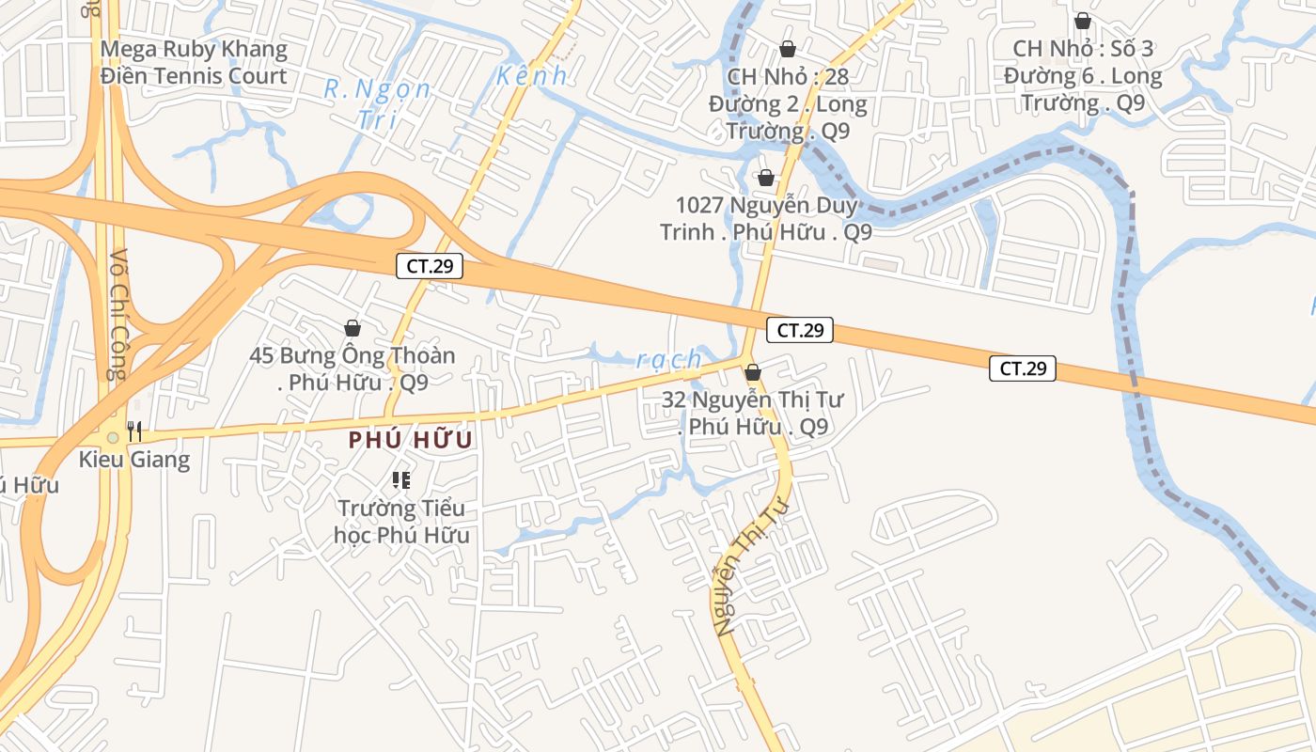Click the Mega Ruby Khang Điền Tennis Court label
pyautogui.click(x=194, y=62)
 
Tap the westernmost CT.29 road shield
pyautogui.click(x=430, y=266)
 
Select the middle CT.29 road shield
pyautogui.click(x=800, y=330)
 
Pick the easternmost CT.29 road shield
pyautogui.click(x=1023, y=368)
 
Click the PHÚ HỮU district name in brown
pyautogui.click(x=410, y=440)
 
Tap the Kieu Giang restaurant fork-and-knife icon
pyautogui.click(x=134, y=431)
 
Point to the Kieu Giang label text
pyautogui.click(x=134, y=460)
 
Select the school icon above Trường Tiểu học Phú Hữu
pyautogui.click(x=401, y=480)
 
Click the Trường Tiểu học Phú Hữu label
pyautogui.click(x=401, y=522)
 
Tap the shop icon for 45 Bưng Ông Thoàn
pyautogui.click(x=352, y=328)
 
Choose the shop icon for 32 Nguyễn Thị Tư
pyautogui.click(x=752, y=373)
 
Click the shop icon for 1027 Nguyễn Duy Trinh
pyautogui.click(x=766, y=178)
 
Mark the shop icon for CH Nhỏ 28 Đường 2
pyautogui.click(x=787, y=49)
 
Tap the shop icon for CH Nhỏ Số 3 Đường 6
pyautogui.click(x=1083, y=21)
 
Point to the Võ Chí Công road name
pyautogui.click(x=117, y=314)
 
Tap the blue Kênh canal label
pyautogui.click(x=532, y=76)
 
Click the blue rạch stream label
pyautogui.click(x=669, y=359)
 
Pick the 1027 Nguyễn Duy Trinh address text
pyautogui.click(x=766, y=218)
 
